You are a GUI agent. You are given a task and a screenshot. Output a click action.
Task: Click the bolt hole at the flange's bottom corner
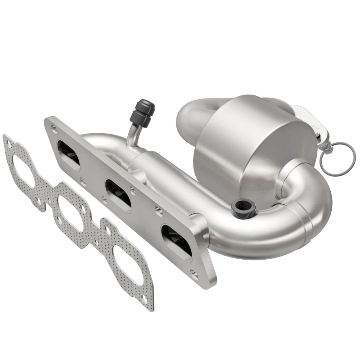(x=193, y=273)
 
